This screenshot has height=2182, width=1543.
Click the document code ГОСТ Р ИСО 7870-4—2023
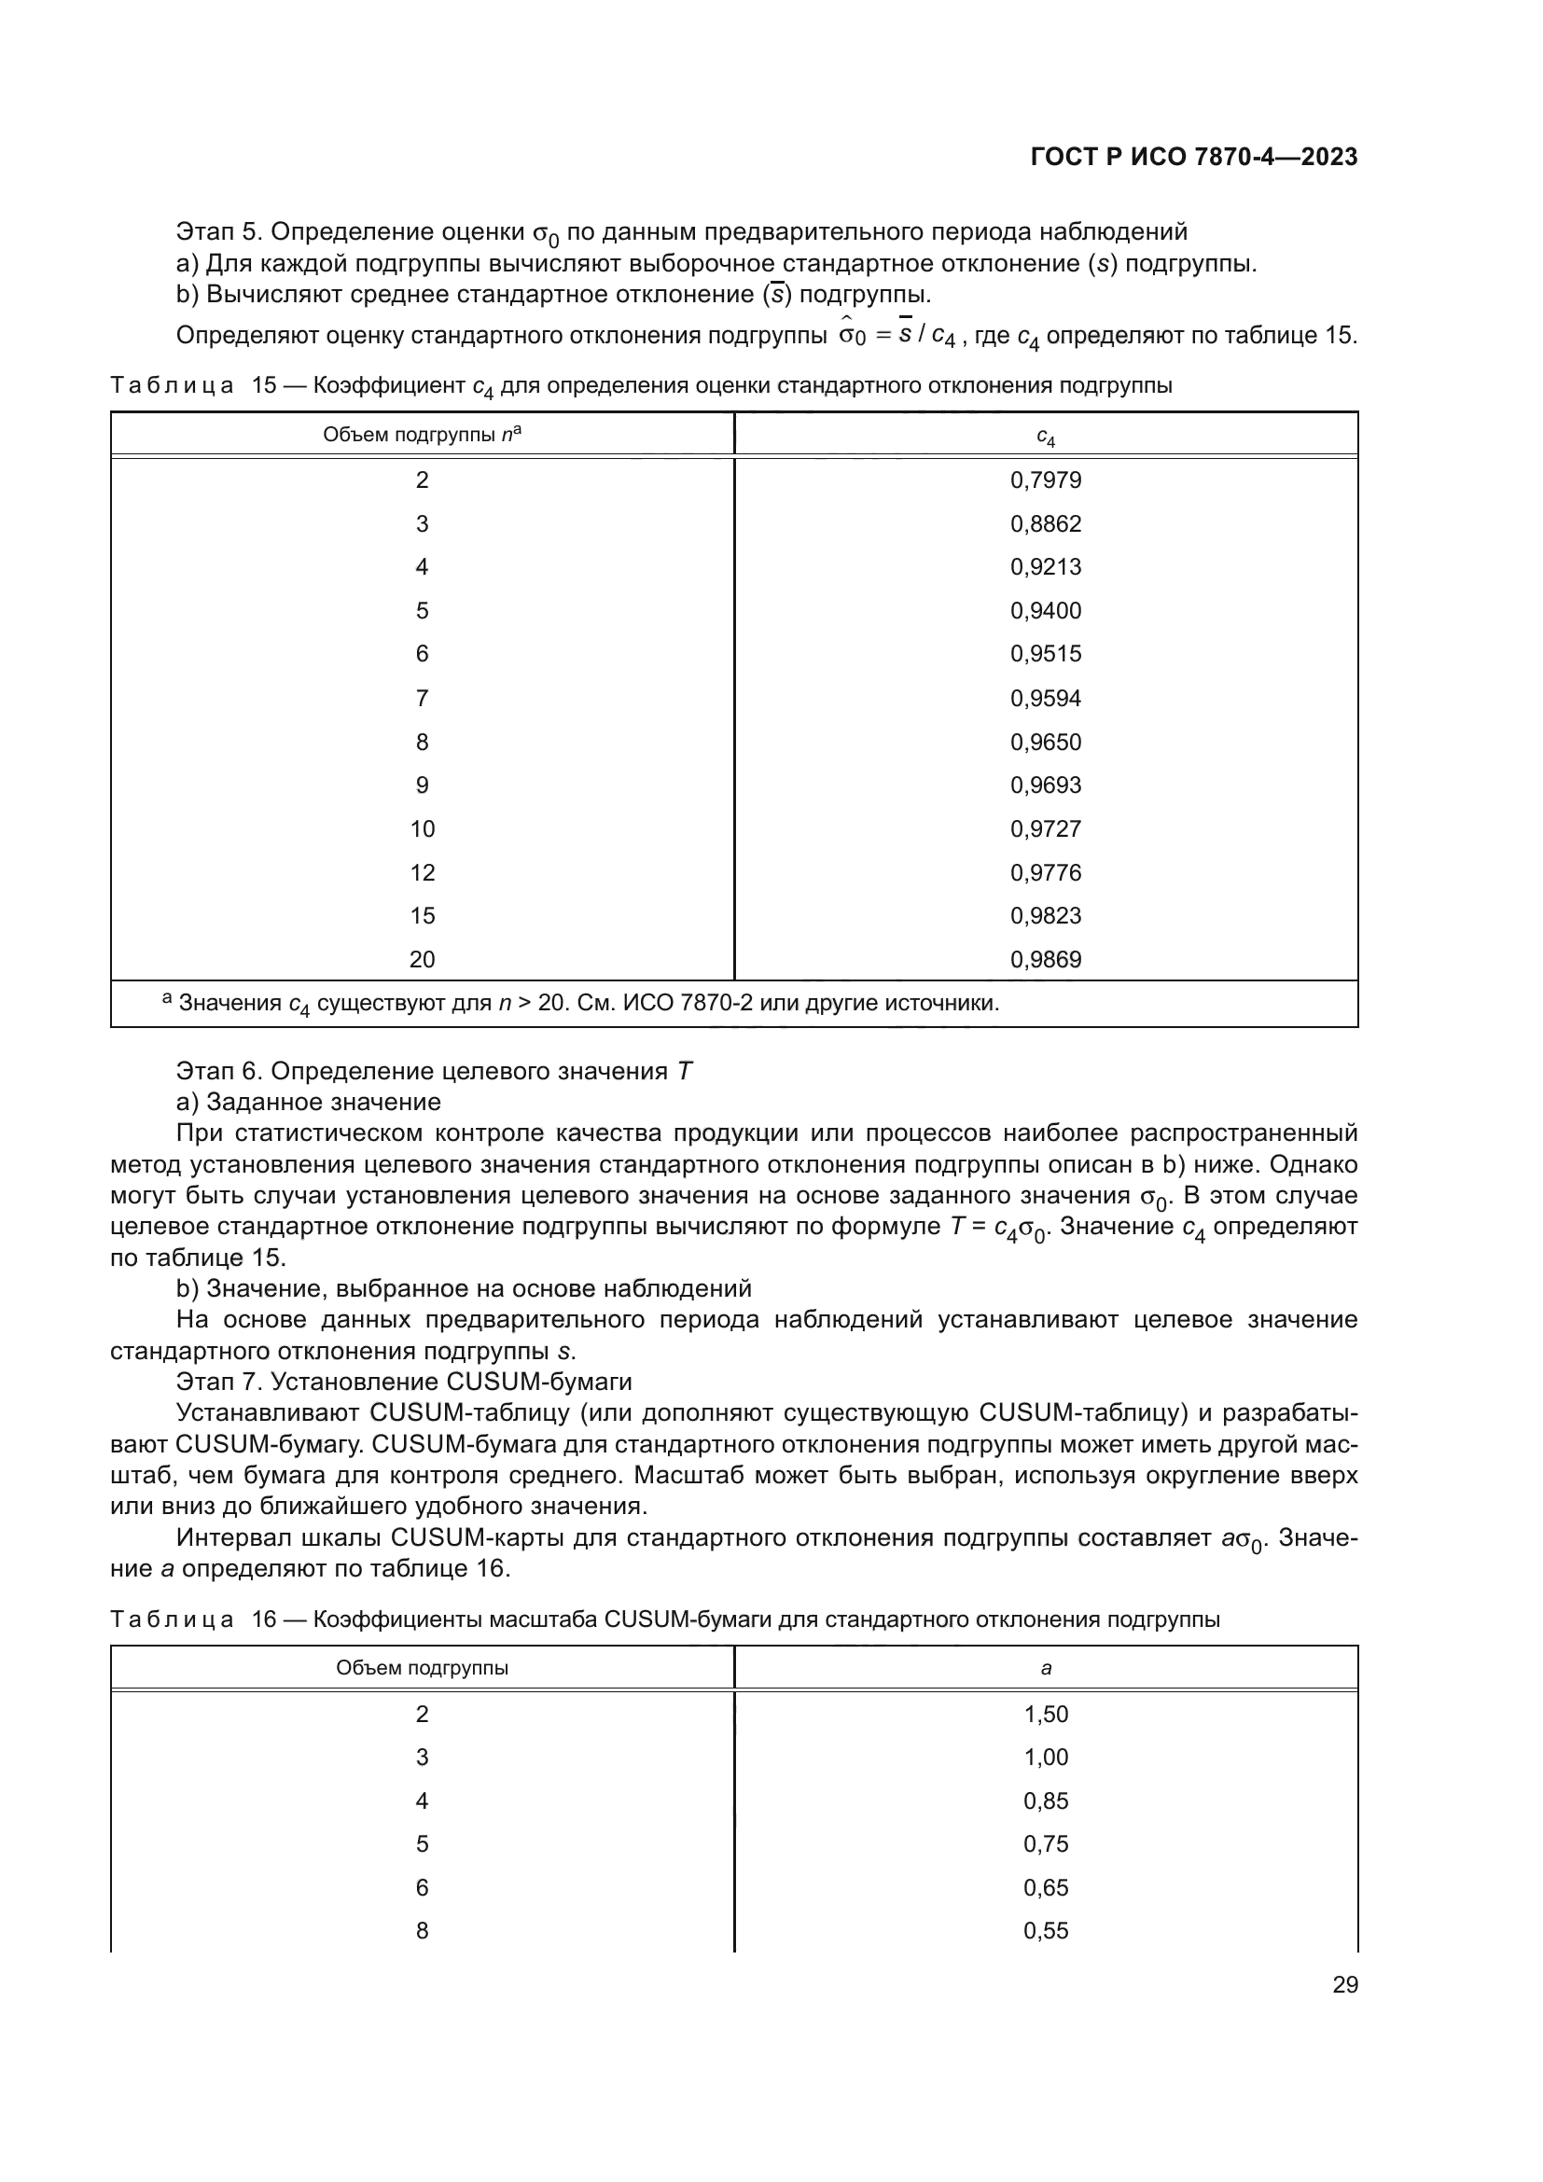[x=1193, y=158]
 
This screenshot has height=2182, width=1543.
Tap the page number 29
[x=1344, y=1985]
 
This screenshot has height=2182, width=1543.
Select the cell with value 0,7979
[x=1045, y=479]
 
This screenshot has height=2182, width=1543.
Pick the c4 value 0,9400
[x=1045, y=610]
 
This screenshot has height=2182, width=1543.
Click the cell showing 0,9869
[x=1045, y=959]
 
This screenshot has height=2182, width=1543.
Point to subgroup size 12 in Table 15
[x=422, y=872]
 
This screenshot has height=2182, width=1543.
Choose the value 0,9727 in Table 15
[x=1045, y=828]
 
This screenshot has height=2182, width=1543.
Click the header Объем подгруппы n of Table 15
[x=422, y=435]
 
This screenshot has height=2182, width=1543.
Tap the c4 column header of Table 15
[x=1045, y=437]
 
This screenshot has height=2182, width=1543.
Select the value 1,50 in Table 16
[x=1045, y=1715]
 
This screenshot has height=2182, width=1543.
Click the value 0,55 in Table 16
[x=1045, y=1930]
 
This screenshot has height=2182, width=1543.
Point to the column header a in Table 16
[x=1045, y=1668]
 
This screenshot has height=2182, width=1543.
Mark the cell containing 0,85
[x=1045, y=1800]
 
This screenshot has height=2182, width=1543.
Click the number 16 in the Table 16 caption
[x=263, y=1619]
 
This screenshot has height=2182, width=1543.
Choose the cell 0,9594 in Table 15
[x=1045, y=699]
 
